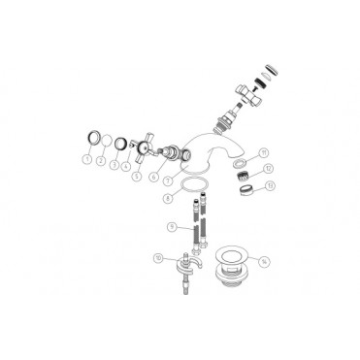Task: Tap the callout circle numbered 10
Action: point(159,256)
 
